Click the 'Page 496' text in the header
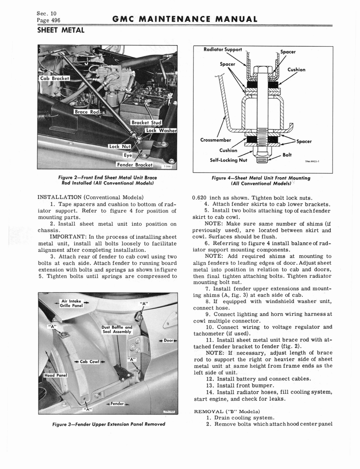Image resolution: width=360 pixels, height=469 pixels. coord(49,20)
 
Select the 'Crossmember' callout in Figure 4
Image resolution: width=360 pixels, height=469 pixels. coord(216,140)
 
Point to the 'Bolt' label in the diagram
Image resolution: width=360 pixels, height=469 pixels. coord(287,155)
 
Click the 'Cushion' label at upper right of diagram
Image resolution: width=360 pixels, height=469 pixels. coord(296,70)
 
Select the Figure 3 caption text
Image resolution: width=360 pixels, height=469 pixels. coord(108,424)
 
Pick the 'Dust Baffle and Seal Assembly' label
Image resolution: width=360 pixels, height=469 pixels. coord(117,330)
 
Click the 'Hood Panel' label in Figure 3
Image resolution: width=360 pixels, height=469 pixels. coord(55,375)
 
